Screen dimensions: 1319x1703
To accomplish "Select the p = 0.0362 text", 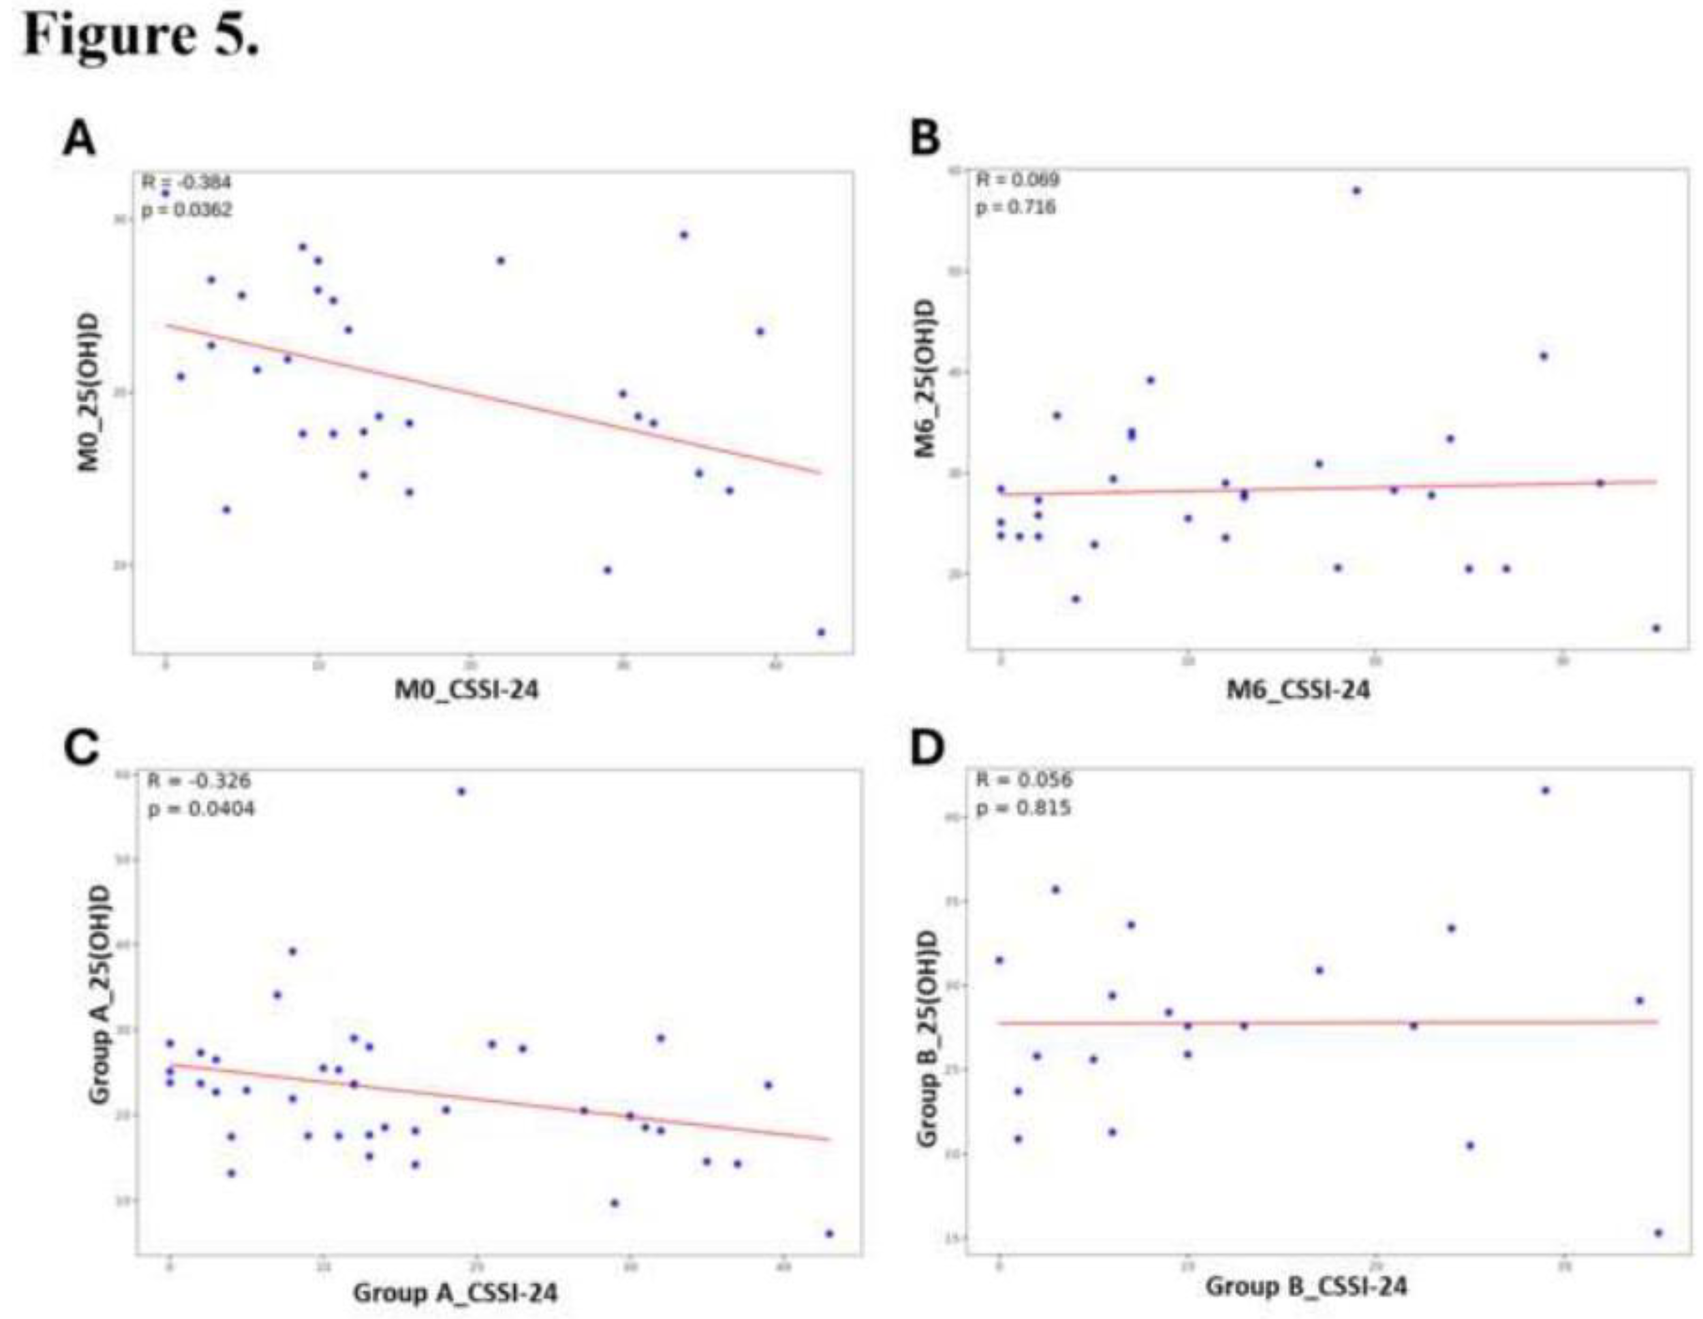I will [x=187, y=210].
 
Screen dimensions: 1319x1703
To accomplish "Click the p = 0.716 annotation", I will [x=1016, y=207].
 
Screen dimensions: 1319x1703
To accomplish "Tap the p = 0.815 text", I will [x=1023, y=808].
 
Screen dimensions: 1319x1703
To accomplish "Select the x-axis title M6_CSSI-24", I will [x=1298, y=689].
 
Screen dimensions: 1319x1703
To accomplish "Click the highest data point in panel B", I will [x=1356, y=190].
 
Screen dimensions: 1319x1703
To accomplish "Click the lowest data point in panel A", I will [x=821, y=632].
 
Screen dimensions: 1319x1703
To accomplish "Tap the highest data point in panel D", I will [x=1545, y=790].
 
